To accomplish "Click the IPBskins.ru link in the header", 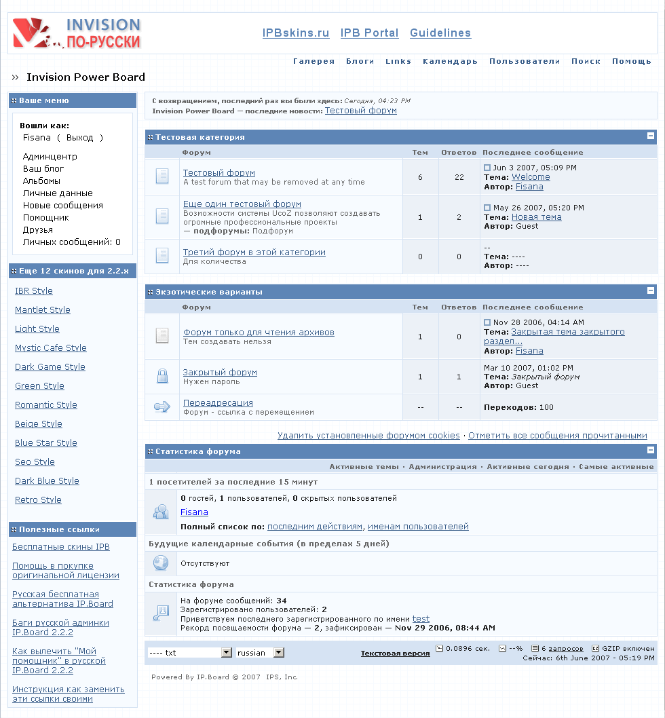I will point(296,33).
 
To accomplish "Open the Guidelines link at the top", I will point(440,33).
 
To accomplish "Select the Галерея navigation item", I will point(314,61).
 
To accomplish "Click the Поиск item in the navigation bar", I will point(586,61).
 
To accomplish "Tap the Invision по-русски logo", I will point(77,33).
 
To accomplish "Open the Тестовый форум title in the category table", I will point(219,173).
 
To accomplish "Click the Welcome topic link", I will point(531,177).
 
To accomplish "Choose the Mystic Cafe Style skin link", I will point(51,348).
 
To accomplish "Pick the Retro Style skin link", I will point(38,500).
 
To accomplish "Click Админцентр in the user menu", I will point(50,157).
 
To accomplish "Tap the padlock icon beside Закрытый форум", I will point(162,376).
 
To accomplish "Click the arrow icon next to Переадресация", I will point(162,407).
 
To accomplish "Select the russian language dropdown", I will point(260,653).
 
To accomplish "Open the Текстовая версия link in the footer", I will point(395,654).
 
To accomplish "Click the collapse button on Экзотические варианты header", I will point(651,291).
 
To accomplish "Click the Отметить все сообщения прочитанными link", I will point(557,436).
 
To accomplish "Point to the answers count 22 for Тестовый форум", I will point(459,177).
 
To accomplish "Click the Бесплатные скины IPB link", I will point(61,547).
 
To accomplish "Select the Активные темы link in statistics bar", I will point(363,467).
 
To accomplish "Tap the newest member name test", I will point(421,619).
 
